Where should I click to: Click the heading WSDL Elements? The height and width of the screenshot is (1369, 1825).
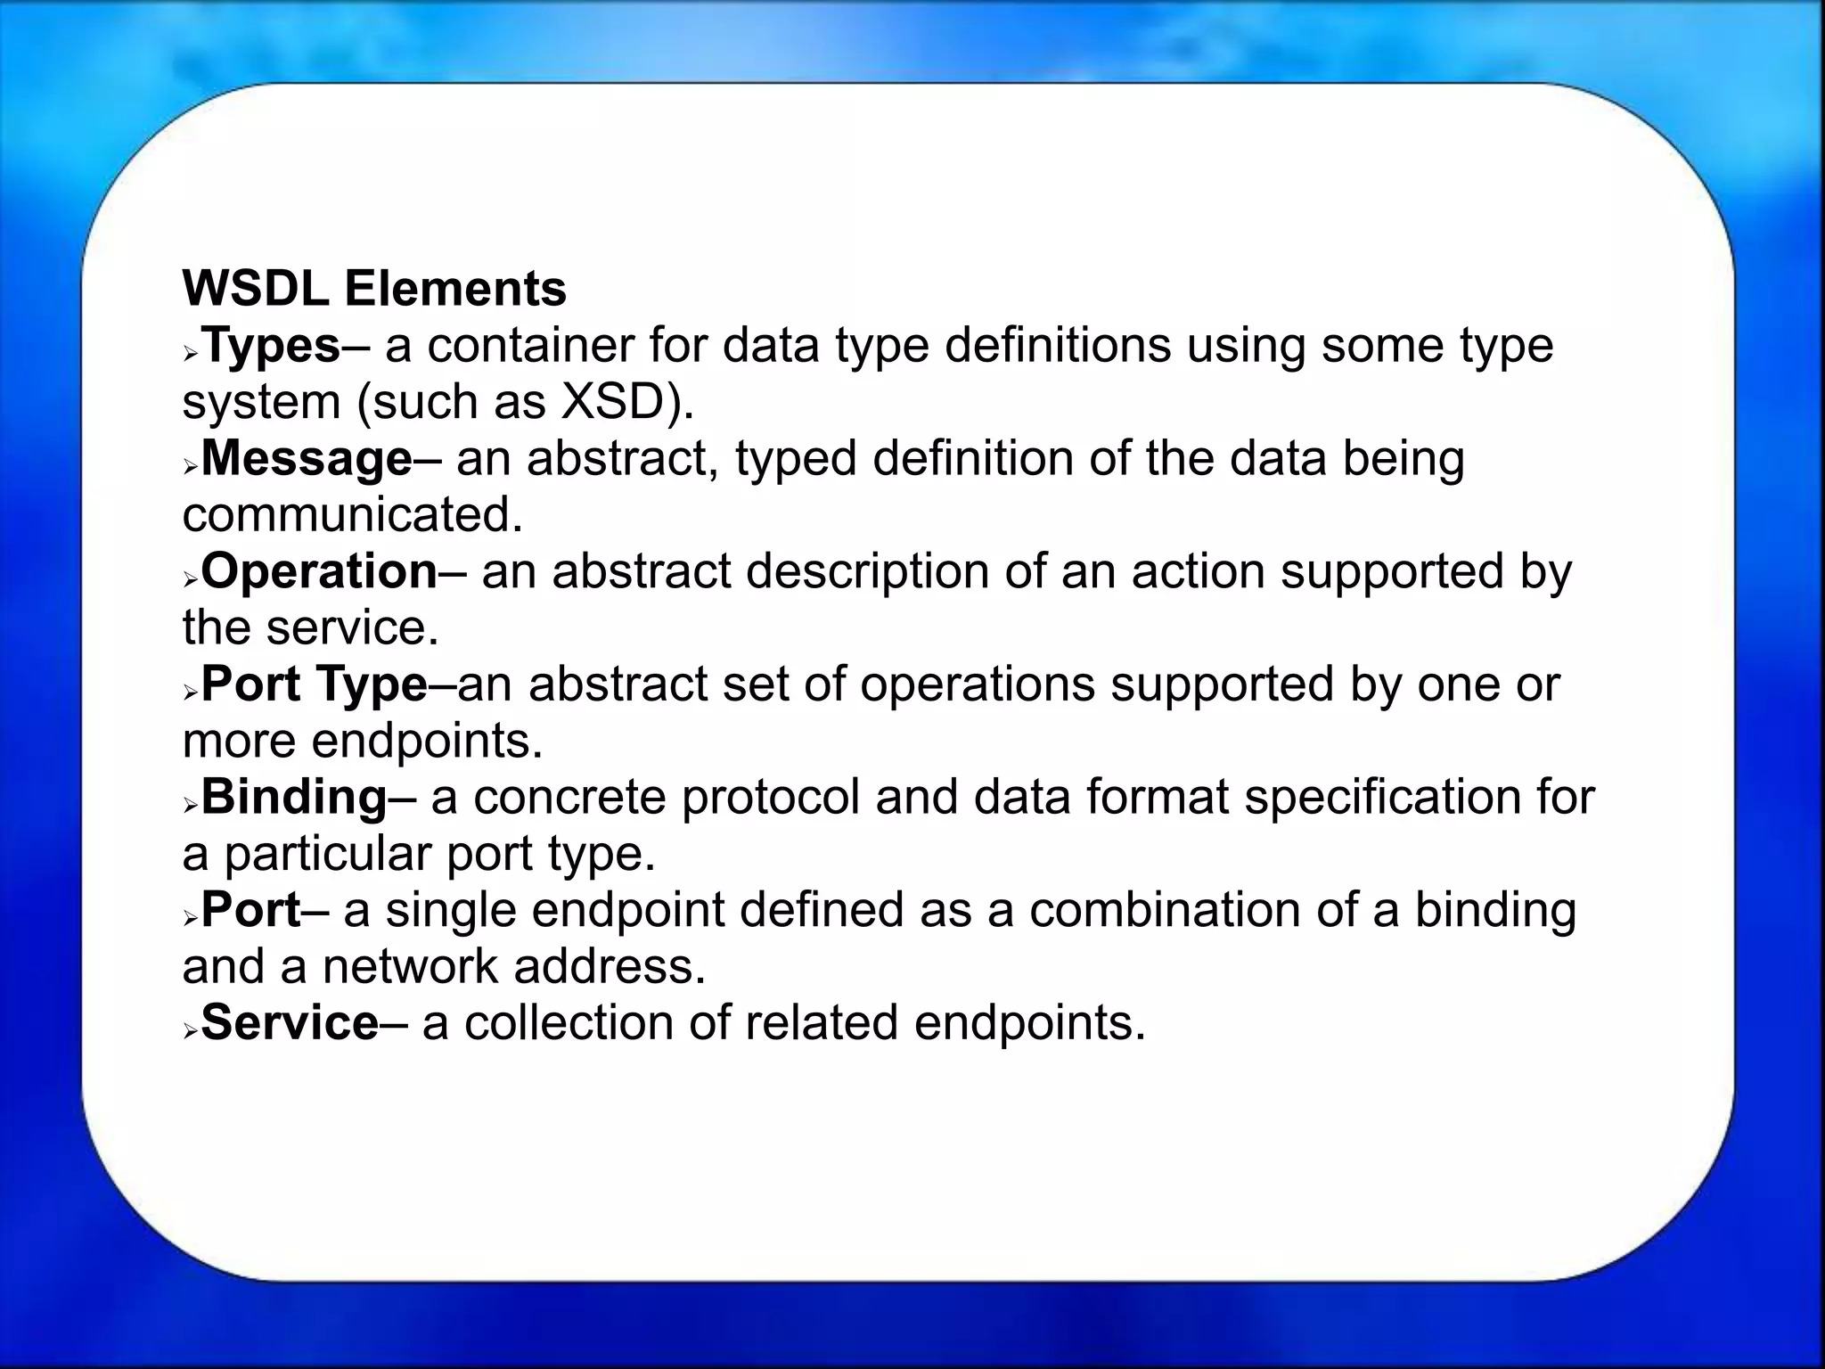(374, 289)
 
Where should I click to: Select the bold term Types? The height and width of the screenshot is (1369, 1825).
(271, 346)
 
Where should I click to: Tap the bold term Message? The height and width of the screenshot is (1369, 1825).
(307, 459)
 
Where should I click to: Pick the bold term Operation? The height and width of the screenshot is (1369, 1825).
(319, 571)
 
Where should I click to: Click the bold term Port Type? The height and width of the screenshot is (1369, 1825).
(314, 684)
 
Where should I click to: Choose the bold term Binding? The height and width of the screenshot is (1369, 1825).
(294, 797)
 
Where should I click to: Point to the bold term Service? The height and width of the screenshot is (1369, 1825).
(290, 1022)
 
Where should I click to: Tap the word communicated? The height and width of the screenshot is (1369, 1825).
(353, 515)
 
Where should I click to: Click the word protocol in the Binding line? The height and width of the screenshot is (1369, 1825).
(770, 797)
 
